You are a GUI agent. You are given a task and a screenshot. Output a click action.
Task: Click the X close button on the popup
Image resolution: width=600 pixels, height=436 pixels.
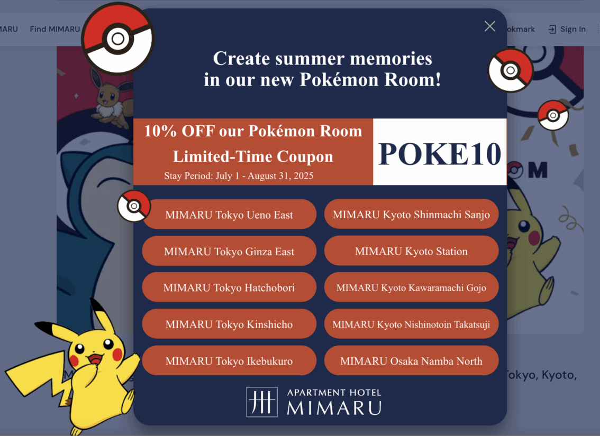click(x=490, y=26)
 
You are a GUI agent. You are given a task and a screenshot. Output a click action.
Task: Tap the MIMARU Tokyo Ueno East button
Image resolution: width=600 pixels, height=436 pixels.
click(x=229, y=215)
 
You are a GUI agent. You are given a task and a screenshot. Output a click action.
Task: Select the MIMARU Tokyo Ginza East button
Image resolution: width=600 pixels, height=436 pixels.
click(x=229, y=251)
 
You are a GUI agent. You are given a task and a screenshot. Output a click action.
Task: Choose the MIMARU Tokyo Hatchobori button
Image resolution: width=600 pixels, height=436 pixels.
click(x=229, y=287)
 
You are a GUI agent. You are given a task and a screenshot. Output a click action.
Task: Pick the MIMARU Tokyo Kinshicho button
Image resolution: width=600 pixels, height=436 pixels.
click(x=229, y=324)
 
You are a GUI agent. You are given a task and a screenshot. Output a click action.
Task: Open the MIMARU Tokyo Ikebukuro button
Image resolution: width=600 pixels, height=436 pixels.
click(x=229, y=361)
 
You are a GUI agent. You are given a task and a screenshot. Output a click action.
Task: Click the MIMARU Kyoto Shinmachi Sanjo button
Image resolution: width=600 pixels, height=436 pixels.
click(x=411, y=214)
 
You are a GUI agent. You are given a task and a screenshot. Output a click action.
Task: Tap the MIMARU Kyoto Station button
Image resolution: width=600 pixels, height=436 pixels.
click(x=411, y=251)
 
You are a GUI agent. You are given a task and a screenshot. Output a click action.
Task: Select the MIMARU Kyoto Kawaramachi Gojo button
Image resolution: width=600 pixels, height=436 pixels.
click(x=411, y=287)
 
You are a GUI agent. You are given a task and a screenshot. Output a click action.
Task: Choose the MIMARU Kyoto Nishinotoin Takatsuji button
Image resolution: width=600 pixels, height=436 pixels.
click(x=411, y=324)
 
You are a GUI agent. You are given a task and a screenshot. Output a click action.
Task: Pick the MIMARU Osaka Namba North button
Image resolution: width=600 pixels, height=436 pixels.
click(x=411, y=361)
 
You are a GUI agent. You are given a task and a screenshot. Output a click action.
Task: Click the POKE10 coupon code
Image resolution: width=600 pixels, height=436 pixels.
click(x=440, y=154)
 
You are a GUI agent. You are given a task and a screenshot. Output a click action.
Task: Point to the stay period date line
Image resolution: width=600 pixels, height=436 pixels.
click(x=239, y=176)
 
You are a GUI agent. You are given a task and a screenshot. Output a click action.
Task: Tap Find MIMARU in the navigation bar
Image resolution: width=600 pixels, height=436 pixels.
click(x=54, y=29)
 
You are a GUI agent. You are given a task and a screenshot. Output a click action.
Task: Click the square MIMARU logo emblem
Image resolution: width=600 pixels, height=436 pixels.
click(x=262, y=402)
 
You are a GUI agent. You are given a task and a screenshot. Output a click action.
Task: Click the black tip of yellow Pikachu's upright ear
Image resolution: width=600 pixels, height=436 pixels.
click(x=96, y=305)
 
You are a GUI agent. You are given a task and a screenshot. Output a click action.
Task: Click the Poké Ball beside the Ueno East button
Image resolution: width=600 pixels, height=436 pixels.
click(x=134, y=206)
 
